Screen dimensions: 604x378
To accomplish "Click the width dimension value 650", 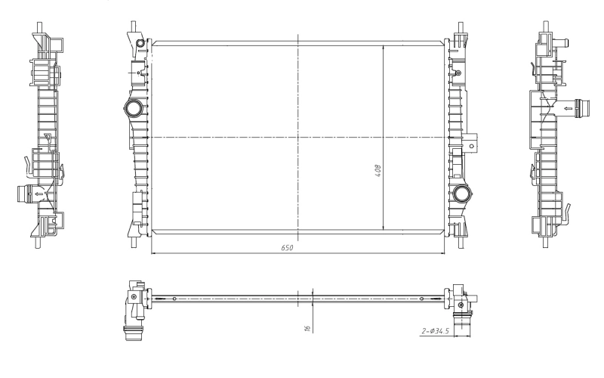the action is coord(287,248).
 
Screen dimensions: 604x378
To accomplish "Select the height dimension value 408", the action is coord(378,171).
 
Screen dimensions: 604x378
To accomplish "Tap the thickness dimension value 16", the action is coord(307,328).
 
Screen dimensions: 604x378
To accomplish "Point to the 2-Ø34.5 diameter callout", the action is coord(436,331).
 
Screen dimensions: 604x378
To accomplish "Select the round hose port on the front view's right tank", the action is coord(461,194).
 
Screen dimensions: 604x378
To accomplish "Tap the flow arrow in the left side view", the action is coord(39,194).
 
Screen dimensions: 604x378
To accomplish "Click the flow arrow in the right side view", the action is coord(569,108).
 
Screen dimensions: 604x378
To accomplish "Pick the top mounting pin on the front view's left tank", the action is coord(134,26).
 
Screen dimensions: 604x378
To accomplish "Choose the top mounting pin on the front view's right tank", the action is coord(461,27).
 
